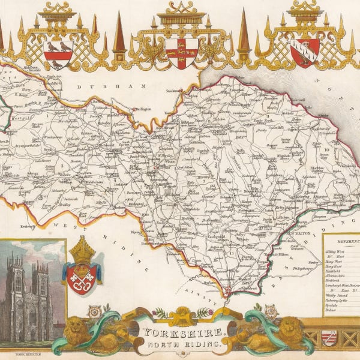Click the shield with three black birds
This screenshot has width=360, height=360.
point(59,54)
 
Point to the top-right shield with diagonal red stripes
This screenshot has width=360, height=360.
point(305,52)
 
